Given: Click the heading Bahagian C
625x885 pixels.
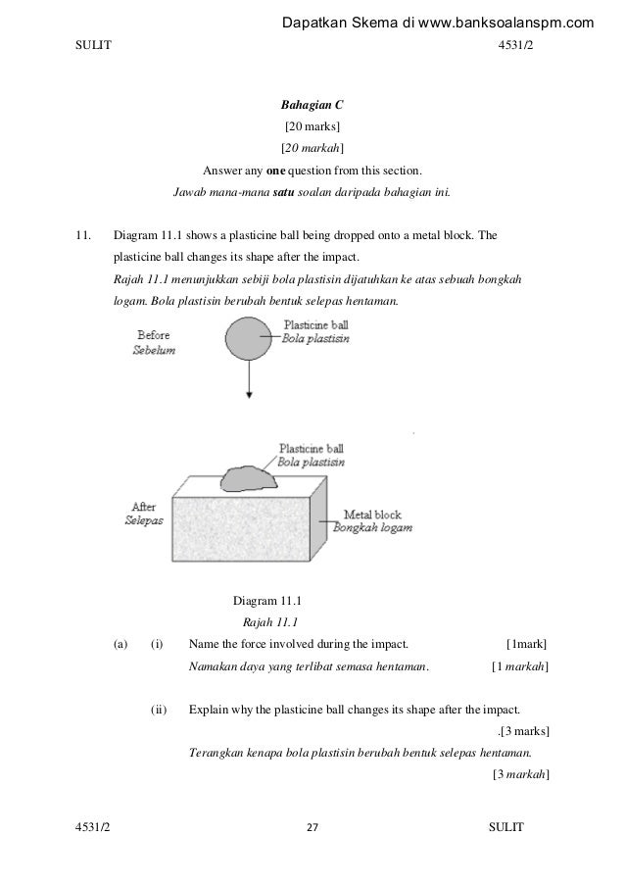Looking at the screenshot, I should [x=312, y=104].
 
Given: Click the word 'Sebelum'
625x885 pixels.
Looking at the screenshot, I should [x=154, y=351].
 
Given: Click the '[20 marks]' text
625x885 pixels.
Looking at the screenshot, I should [x=312, y=126].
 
